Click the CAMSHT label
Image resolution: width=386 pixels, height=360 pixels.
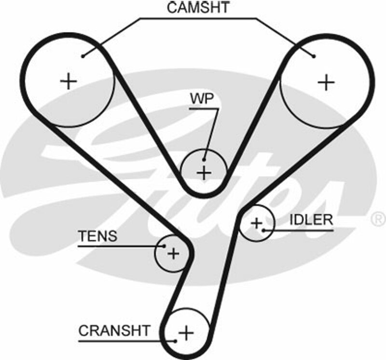click(x=198, y=7)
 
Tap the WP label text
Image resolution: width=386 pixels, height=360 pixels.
click(x=201, y=98)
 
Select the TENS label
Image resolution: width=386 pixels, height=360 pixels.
click(x=98, y=236)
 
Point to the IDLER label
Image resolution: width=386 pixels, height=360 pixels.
click(x=311, y=220)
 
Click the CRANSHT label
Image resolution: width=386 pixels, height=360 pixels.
click(x=114, y=331)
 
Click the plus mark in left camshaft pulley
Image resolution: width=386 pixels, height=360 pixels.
click(x=69, y=81)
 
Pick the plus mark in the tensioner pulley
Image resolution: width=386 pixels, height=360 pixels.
click(x=174, y=253)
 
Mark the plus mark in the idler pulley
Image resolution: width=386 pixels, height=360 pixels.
click(x=257, y=223)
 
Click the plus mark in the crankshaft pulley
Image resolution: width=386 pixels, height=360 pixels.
click(x=186, y=332)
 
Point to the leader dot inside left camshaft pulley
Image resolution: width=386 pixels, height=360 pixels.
click(x=83, y=56)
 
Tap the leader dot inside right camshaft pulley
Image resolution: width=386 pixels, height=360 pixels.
click(x=314, y=56)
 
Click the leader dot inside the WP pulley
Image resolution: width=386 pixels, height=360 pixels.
click(x=205, y=160)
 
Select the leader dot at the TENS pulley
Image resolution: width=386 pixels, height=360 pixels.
click(x=164, y=246)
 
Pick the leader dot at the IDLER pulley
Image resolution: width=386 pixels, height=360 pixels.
click(x=264, y=230)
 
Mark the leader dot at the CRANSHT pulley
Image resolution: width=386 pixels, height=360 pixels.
click(x=176, y=340)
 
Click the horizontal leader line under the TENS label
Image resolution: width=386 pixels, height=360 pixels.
click(x=116, y=246)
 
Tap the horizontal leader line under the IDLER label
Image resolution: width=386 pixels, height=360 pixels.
click(x=299, y=230)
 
